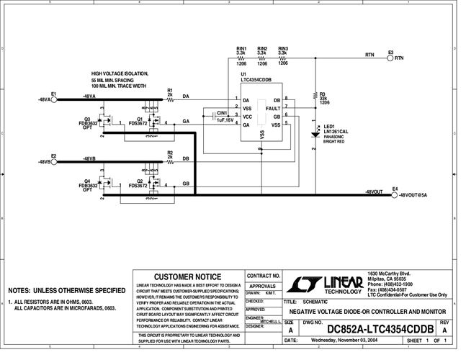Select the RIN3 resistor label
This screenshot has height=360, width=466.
click(283, 48)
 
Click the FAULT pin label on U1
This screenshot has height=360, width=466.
click(273, 107)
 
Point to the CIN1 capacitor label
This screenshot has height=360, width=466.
click(222, 113)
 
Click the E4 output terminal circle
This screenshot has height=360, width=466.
click(394, 194)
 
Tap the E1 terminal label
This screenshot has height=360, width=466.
click(54, 94)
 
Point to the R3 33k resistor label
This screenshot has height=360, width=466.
click(323, 94)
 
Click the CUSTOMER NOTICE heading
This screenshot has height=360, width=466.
click(187, 276)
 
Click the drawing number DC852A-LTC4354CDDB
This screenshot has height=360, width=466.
click(379, 329)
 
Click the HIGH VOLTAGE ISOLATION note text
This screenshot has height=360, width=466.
click(120, 73)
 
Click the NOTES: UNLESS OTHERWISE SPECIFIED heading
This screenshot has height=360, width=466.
click(67, 290)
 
